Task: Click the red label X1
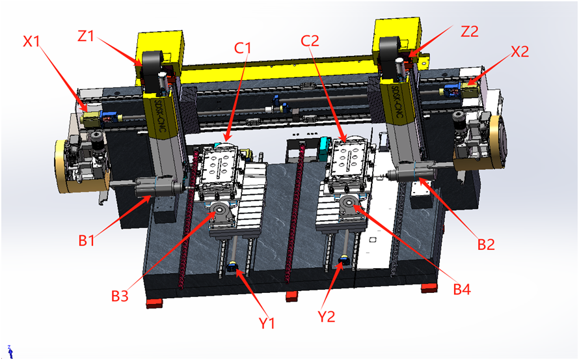31,42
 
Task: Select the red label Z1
86,36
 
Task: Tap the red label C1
243,48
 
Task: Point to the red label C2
310,40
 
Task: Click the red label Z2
469,32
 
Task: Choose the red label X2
520,51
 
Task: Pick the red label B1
87,241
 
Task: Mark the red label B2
486,244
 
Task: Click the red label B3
120,296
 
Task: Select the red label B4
462,290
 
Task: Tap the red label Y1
267,323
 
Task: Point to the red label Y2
327,316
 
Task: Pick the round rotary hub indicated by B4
348,202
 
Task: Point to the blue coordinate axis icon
10,352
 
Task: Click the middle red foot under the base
291,296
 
